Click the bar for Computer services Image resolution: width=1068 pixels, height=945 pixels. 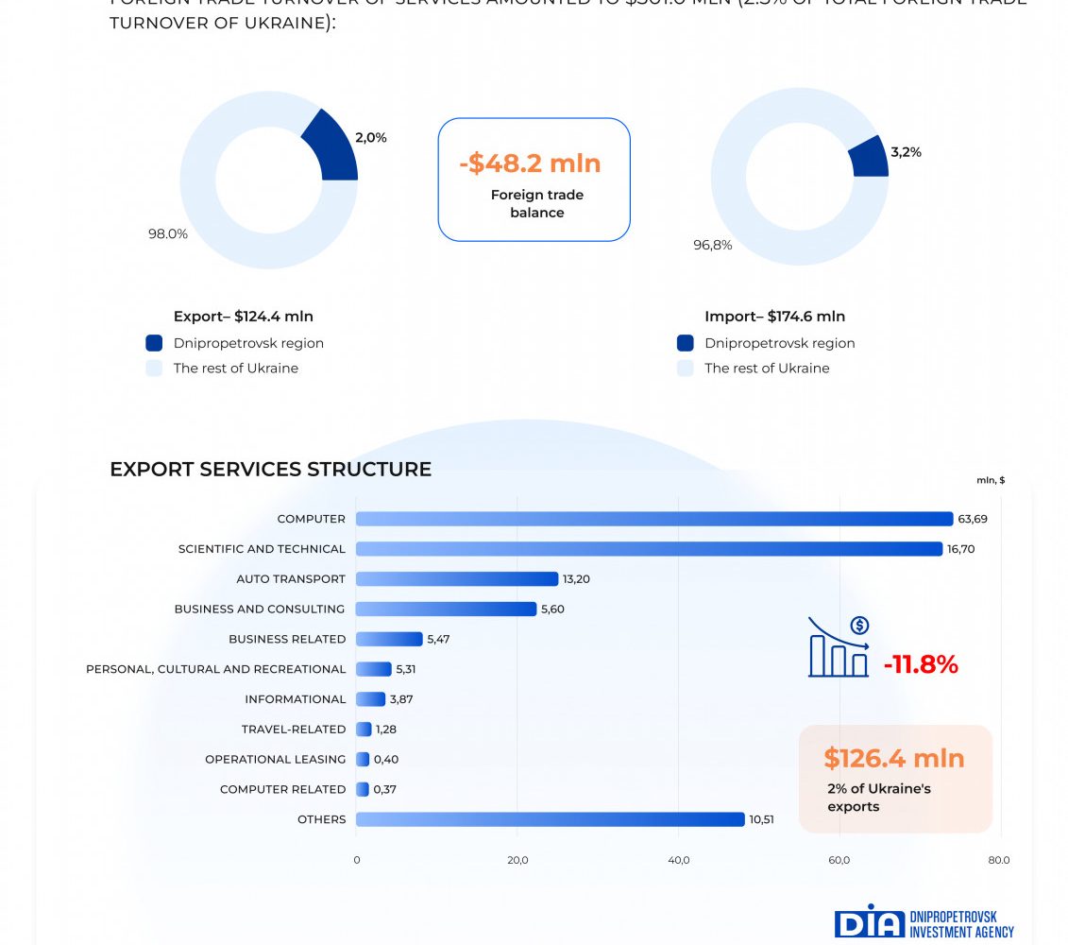(x=653, y=519)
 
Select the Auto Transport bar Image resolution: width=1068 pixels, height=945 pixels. (x=457, y=579)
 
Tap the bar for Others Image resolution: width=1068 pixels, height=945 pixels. (x=550, y=819)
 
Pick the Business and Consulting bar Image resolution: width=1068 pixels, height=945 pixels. (x=446, y=610)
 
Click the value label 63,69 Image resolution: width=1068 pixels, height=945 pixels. (x=973, y=519)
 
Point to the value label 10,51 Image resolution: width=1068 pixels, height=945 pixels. (x=761, y=819)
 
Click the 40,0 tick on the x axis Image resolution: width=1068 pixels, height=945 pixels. (x=678, y=860)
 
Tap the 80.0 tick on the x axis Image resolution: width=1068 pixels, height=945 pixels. (x=999, y=860)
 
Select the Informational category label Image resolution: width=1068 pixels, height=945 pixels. (x=295, y=699)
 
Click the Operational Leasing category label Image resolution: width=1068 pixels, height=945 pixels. (x=275, y=760)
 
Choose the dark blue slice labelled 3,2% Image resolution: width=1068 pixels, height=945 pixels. (x=870, y=157)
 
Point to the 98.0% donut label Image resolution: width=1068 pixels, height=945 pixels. (x=167, y=234)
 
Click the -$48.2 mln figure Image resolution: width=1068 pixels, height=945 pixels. (x=530, y=163)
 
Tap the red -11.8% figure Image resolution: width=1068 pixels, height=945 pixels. (x=921, y=665)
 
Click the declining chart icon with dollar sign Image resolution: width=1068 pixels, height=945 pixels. (x=839, y=647)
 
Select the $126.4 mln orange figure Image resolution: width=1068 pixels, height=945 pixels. (x=893, y=758)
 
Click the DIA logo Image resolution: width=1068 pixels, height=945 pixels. (x=869, y=922)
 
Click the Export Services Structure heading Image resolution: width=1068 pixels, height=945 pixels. (x=270, y=470)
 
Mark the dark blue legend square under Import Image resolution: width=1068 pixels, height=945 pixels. (x=686, y=343)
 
